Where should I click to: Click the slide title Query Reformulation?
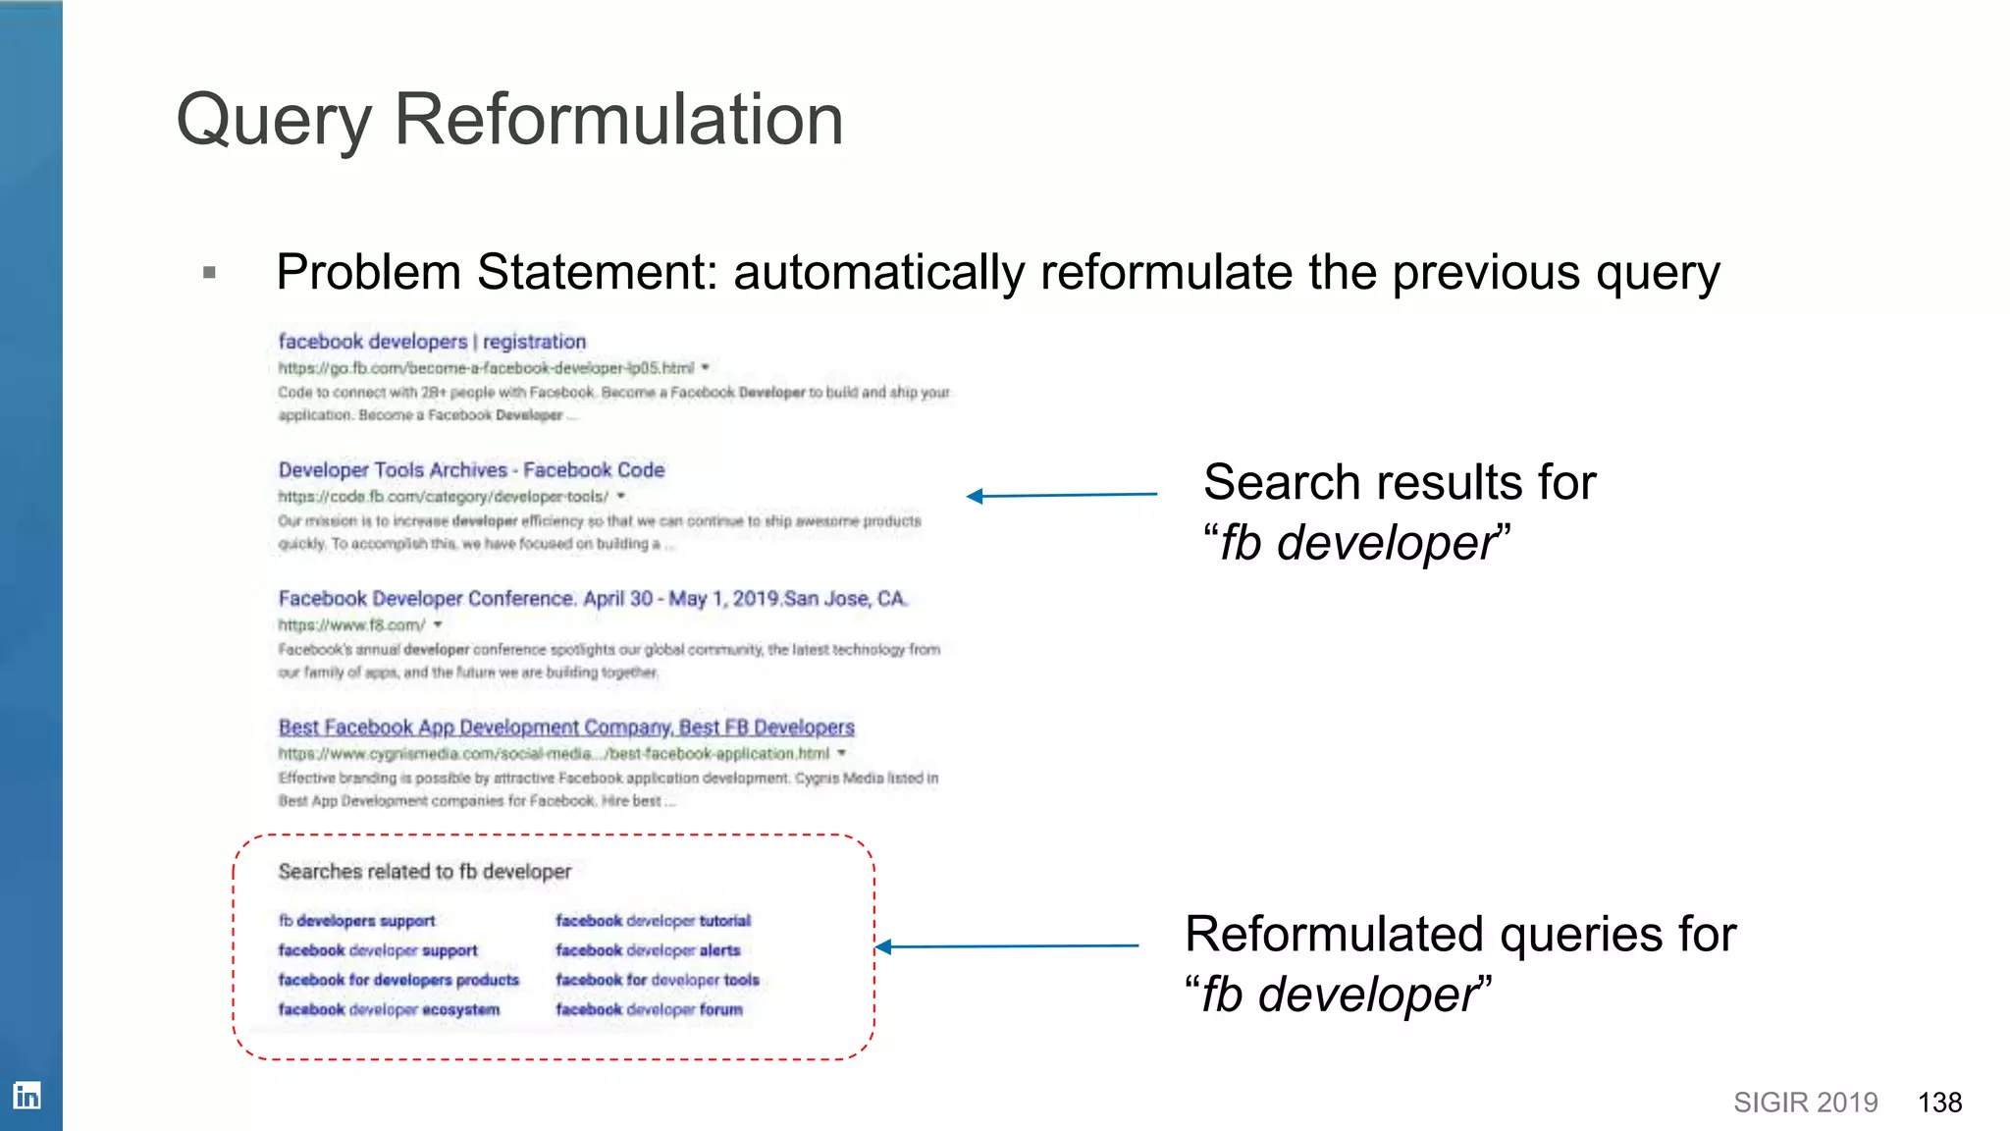509,120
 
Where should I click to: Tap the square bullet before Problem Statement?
209,272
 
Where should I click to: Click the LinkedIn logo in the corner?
26,1095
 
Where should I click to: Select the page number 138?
1939,1103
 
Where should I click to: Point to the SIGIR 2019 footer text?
1805,1103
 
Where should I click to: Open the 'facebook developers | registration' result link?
432,342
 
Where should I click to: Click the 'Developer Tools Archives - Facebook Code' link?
471,470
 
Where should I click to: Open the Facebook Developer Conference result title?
593,599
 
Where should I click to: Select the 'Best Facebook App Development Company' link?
566,727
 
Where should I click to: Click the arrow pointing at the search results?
1061,496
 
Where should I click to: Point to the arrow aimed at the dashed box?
1006,946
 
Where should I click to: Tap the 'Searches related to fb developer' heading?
424,872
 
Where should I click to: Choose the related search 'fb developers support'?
356,921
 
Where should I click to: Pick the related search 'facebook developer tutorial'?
653,921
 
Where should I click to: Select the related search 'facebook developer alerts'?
648,950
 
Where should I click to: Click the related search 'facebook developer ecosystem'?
389,1009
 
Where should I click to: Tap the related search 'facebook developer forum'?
649,1009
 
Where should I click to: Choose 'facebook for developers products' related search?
398,980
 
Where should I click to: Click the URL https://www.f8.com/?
351,625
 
